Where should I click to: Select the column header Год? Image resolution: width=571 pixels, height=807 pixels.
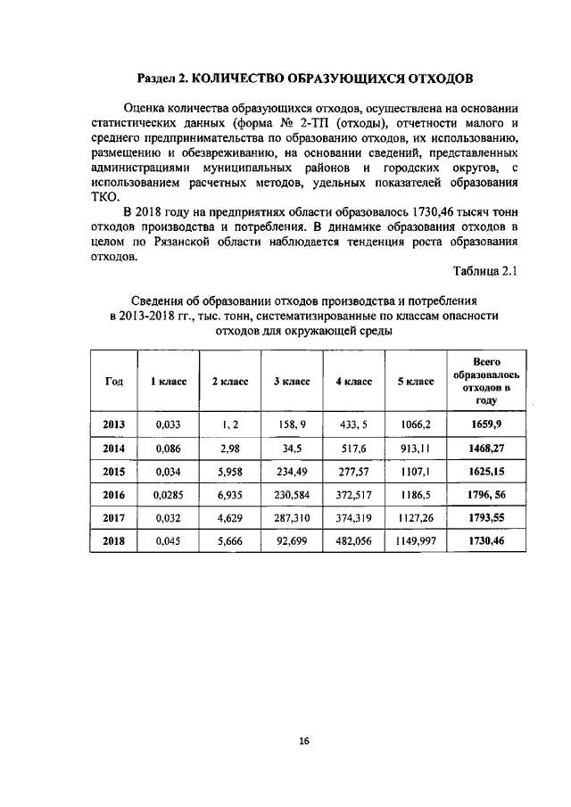pyautogui.click(x=113, y=381)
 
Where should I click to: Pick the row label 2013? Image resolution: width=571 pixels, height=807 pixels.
pyautogui.click(x=113, y=424)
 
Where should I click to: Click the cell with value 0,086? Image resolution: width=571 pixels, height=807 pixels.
pyautogui.click(x=168, y=448)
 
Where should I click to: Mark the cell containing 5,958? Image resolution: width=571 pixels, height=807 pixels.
pyautogui.click(x=229, y=471)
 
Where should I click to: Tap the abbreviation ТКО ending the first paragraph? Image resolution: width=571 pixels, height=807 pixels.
pyautogui.click(x=105, y=198)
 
